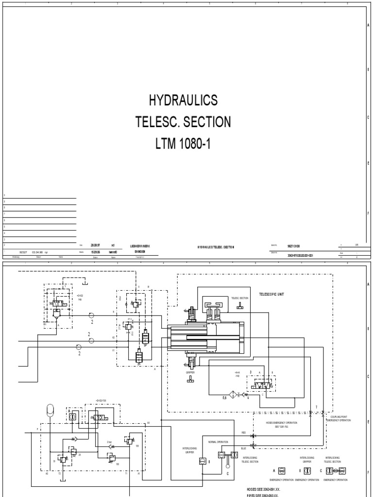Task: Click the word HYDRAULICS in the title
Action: click(184, 100)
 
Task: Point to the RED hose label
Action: click(244, 431)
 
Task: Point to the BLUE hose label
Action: click(244, 449)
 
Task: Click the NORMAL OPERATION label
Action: click(218, 442)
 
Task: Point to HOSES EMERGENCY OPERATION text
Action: click(281, 423)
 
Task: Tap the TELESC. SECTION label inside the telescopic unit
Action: click(240, 298)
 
